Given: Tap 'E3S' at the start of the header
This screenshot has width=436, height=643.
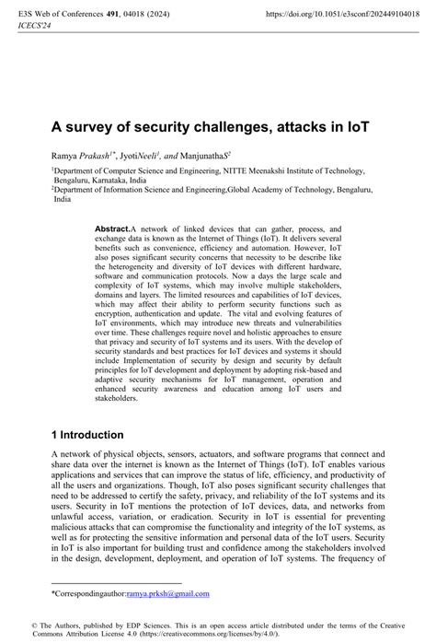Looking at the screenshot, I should [14, 14].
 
